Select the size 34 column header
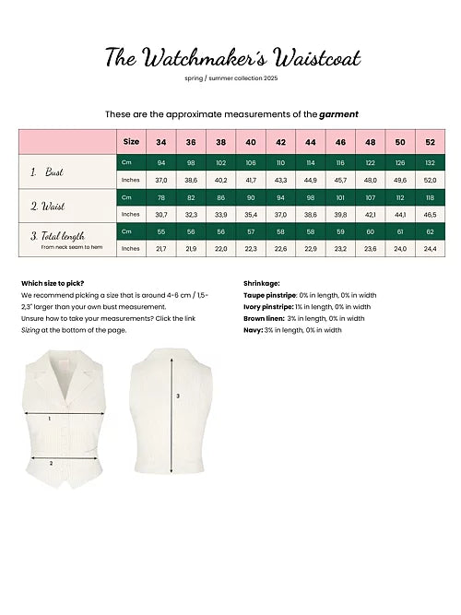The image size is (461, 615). point(161,142)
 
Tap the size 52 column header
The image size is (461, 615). point(431,142)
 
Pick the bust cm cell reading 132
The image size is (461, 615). point(431,162)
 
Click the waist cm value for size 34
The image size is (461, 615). point(161,197)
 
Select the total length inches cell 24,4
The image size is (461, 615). point(431,248)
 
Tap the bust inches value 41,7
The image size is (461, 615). point(251,180)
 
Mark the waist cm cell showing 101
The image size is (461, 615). point(340,197)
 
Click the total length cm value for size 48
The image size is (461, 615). point(371,231)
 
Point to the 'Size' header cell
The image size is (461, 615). point(132,142)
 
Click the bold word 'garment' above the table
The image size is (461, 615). point(339,113)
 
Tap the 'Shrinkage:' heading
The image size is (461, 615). point(262,283)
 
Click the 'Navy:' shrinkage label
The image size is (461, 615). point(253,329)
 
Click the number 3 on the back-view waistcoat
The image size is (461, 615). point(178,397)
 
